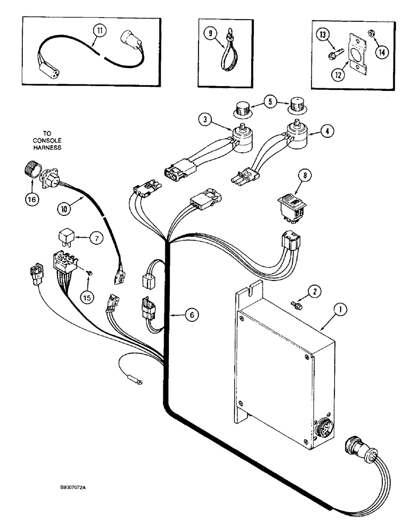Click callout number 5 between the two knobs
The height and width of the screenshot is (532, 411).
(x=270, y=101)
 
